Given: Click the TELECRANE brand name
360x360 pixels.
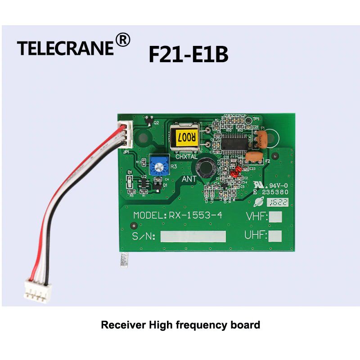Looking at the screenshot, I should [x=65, y=48].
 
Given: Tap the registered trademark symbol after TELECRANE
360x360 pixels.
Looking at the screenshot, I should [x=123, y=40].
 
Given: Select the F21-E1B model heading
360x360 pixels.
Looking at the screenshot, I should [x=188, y=54].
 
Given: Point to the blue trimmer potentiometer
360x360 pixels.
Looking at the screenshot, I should [x=157, y=166].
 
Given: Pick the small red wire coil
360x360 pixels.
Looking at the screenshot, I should [x=234, y=171].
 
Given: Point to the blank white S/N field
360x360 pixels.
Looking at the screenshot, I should [x=193, y=236].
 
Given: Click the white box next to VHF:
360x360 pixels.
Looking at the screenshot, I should [x=275, y=217].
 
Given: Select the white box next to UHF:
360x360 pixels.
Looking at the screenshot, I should [x=275, y=236].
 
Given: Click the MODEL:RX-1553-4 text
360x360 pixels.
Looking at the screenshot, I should [x=178, y=216].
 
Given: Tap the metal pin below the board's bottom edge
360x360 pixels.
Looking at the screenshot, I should [x=124, y=261].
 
